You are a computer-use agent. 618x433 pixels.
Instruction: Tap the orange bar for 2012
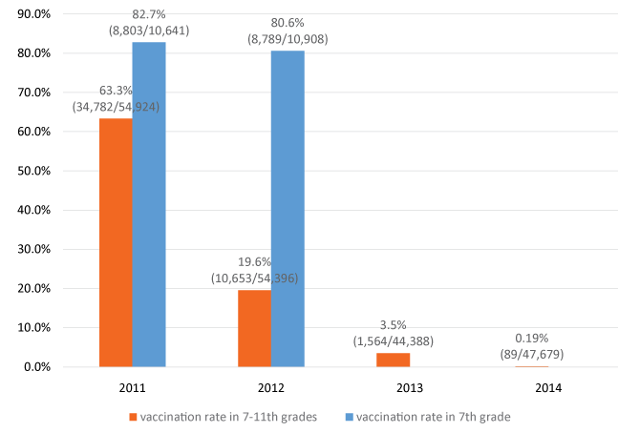tap(253, 328)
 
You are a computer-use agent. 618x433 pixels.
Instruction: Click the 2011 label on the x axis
tap(132, 387)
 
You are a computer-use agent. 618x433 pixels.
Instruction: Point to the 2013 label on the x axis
tap(408, 387)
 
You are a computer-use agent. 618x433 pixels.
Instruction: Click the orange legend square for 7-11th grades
tap(131, 417)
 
